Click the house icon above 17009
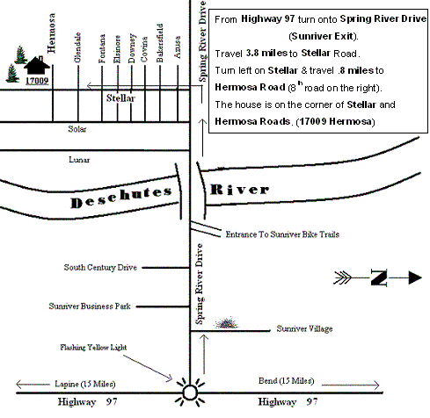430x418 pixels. (x=37, y=65)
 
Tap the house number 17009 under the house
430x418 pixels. (x=37, y=81)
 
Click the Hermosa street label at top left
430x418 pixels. (x=51, y=33)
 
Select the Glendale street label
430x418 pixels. (x=77, y=47)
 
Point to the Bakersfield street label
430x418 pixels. (x=159, y=43)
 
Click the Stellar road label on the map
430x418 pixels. (x=120, y=98)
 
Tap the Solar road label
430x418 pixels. (x=77, y=129)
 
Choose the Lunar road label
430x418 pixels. (x=79, y=160)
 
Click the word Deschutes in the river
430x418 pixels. (x=121, y=198)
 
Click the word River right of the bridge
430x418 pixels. (x=239, y=190)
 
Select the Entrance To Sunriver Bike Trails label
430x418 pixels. (x=282, y=234)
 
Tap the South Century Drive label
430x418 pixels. (x=100, y=267)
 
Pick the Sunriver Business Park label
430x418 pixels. (x=90, y=306)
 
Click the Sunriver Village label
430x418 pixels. (x=304, y=328)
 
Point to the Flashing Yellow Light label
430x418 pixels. (x=93, y=348)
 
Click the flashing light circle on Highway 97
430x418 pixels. (x=190, y=393)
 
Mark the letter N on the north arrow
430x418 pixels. (x=379, y=277)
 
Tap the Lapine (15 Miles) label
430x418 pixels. (x=85, y=384)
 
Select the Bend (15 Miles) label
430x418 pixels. (x=286, y=381)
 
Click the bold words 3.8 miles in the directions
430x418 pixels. (x=266, y=53)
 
